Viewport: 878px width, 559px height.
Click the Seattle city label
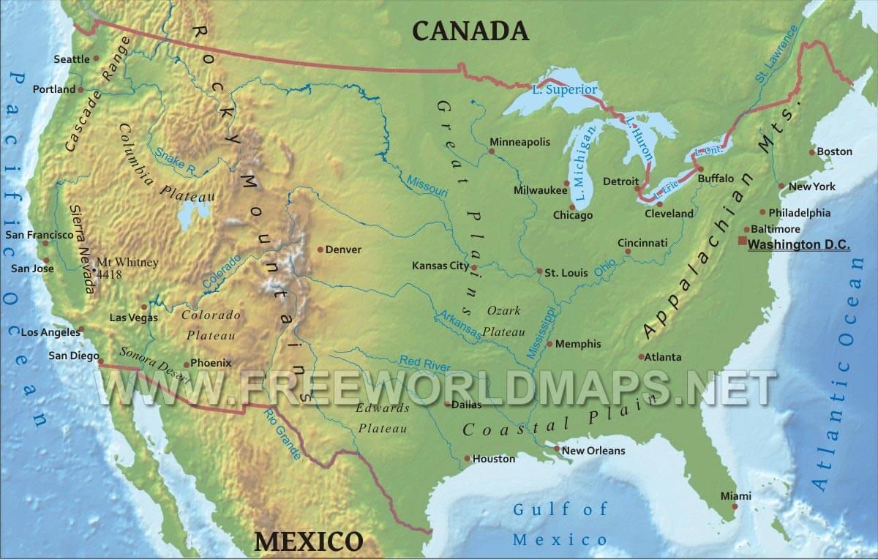tap(72, 59)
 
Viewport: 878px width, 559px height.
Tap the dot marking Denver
tap(320, 250)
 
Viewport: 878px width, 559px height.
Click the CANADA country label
tap(470, 31)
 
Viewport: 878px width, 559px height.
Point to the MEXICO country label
tap(308, 541)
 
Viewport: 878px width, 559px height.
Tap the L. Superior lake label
tap(565, 90)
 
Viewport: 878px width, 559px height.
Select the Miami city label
tap(735, 496)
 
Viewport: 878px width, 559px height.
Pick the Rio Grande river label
tap(288, 440)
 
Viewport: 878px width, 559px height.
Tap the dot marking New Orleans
tap(557, 449)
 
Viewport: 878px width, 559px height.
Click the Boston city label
tap(834, 151)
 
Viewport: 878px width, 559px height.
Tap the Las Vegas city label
tap(132, 318)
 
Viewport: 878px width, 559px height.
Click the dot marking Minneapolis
tap(492, 151)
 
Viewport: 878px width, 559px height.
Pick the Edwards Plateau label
tap(382, 419)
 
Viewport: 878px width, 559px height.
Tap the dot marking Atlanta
tap(642, 357)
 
